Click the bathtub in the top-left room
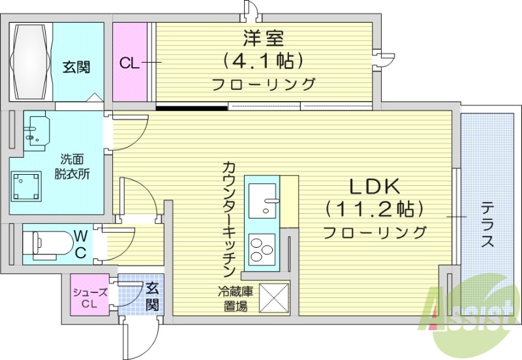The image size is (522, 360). [x=30, y=61]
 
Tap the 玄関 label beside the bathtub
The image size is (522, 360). [x=76, y=67]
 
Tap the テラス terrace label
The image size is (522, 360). [x=487, y=225]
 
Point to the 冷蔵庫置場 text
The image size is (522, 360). [x=233, y=299]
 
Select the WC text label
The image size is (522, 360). [x=79, y=243]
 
